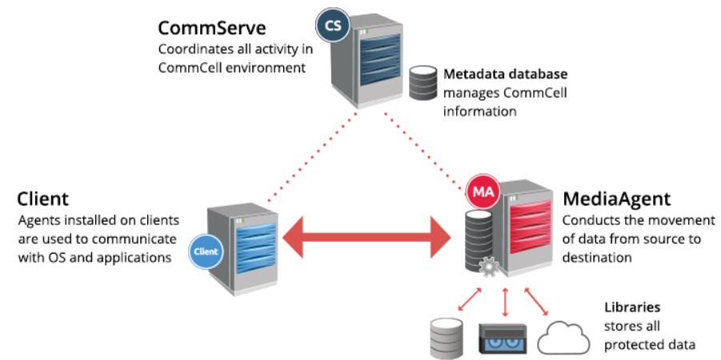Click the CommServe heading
[x=212, y=29]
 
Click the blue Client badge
[x=205, y=252]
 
